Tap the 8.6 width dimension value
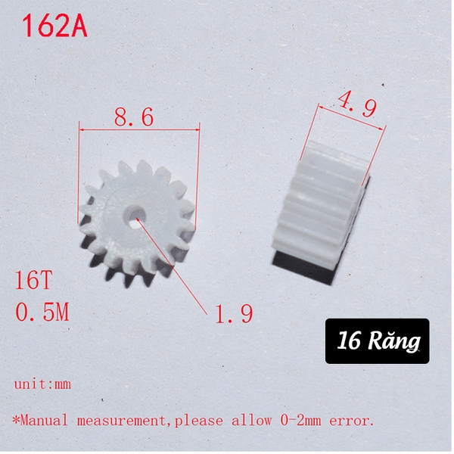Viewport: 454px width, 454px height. [x=134, y=117]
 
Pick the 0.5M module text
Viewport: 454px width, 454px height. [x=42, y=312]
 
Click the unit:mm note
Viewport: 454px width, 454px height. [x=42, y=384]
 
